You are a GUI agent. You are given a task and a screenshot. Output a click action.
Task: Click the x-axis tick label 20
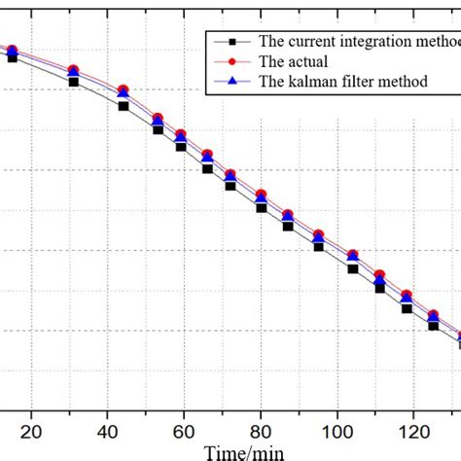tap(31, 432)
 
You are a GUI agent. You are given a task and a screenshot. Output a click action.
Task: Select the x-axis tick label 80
tap(261, 432)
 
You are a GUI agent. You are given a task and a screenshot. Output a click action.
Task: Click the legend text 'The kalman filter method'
tap(343, 82)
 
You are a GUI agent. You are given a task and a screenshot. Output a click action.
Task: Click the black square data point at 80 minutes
tap(261, 207)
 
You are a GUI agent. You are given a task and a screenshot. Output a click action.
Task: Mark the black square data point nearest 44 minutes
tap(124, 105)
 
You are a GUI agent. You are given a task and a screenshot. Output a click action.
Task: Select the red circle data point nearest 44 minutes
tap(124, 90)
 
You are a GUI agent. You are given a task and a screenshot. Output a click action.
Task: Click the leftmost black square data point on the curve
tap(13, 58)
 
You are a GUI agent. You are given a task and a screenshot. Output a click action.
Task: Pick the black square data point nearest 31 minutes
tap(74, 82)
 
